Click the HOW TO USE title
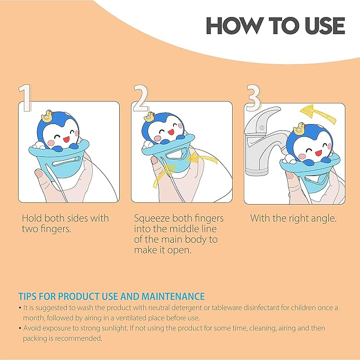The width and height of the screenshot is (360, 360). coord(275,25)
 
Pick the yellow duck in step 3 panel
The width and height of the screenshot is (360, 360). coord(298,128)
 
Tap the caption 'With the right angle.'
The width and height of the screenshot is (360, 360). coord(293,218)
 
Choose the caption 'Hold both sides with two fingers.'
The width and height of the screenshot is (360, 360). coord(65,223)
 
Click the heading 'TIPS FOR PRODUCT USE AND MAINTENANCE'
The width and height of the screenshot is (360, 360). coord(111,296)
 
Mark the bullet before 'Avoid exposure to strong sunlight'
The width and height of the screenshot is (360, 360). coord(20,329)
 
